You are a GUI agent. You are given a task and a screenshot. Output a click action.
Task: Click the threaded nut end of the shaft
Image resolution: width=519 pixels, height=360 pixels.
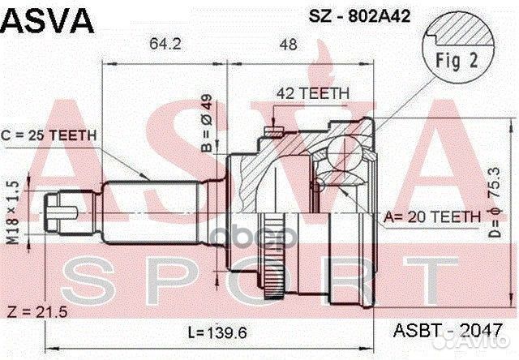click(x=62, y=210)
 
